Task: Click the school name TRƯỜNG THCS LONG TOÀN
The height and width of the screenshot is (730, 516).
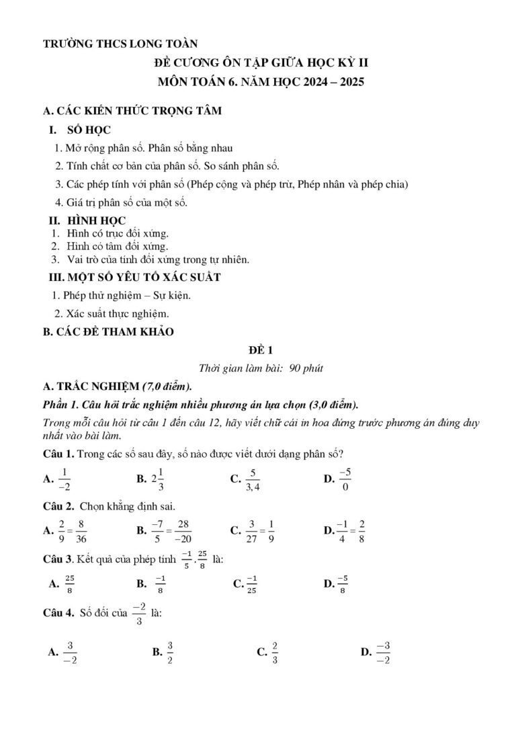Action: (x=120, y=44)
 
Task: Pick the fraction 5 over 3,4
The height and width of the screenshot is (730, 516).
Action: (x=252, y=479)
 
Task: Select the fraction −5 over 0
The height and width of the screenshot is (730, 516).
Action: (x=345, y=479)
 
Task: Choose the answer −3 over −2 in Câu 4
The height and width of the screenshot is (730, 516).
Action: (x=384, y=651)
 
